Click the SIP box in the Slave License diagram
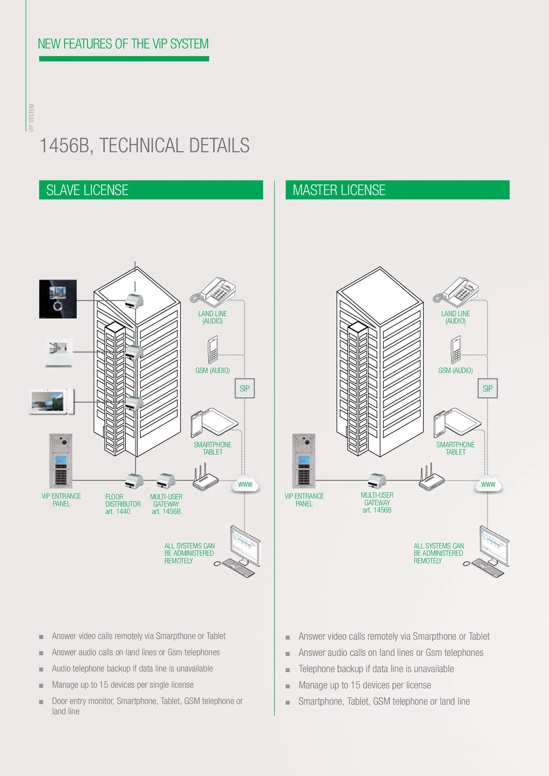click(244, 388)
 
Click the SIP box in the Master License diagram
click(487, 388)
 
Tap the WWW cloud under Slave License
click(245, 484)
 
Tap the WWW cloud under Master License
click(488, 484)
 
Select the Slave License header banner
click(151, 190)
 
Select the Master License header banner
click(397, 190)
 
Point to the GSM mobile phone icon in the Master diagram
click(455, 349)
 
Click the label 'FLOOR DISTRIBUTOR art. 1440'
click(123, 504)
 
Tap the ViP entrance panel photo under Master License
click(304, 461)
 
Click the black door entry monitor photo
click(58, 299)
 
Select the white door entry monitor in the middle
click(59, 352)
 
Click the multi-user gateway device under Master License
click(377, 480)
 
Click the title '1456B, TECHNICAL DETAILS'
click(144, 145)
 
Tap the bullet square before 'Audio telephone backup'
click(41, 669)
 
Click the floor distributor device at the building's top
click(134, 301)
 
